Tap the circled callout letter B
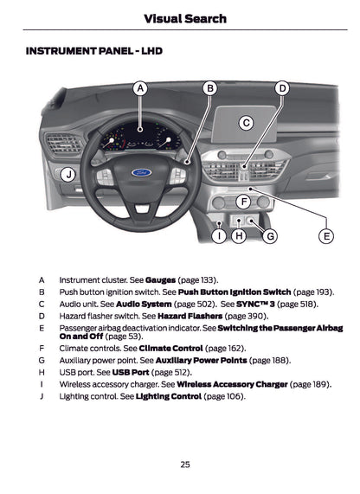coord(209,88)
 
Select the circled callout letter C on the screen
coord(246,123)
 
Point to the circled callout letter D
coord(282,88)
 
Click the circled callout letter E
coord(326,234)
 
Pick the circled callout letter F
coord(243,201)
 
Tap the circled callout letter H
coord(240,234)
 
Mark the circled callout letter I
coord(220,234)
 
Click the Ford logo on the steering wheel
coord(142,173)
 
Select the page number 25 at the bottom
coord(185,465)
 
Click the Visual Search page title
coord(184,18)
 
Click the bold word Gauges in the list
coord(161,280)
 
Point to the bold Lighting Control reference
coord(168,396)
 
